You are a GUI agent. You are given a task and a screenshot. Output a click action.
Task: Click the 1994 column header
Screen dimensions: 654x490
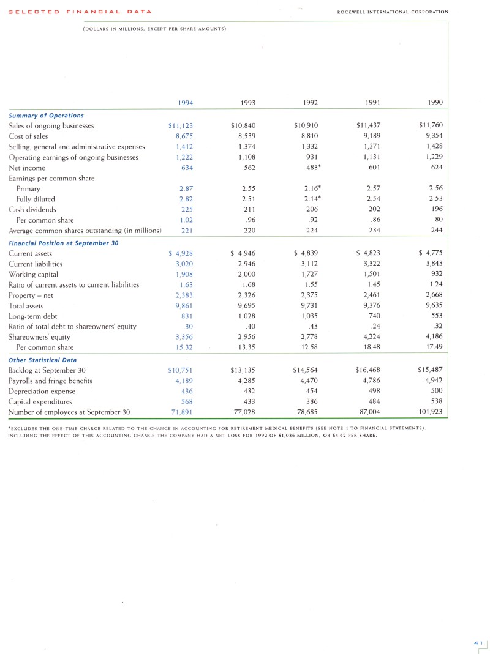pos(185,103)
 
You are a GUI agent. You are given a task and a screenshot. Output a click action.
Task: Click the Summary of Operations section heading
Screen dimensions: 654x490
pos(46,115)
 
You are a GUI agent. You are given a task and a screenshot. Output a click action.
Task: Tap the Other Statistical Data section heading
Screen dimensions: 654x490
pos(42,360)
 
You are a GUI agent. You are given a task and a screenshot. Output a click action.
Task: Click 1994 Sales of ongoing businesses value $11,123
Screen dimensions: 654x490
pos(181,126)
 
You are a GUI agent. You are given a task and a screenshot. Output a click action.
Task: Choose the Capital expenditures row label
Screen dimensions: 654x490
pos(40,401)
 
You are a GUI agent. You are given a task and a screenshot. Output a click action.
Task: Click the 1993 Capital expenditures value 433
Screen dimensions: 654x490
pos(248,401)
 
